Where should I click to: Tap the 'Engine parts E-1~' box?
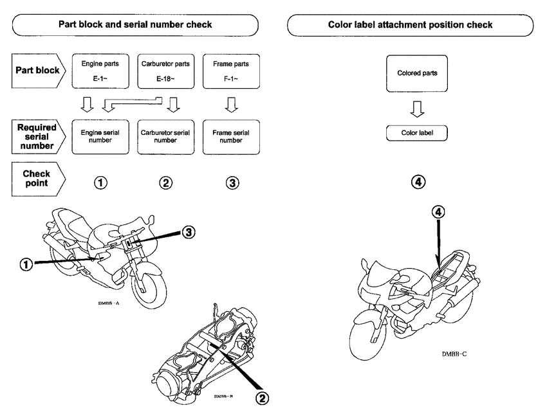[x=97, y=73]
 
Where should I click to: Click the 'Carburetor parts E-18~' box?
[x=165, y=73]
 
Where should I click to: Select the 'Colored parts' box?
[x=417, y=73]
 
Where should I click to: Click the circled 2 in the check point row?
[x=165, y=182]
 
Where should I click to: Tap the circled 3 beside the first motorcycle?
[x=188, y=231]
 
